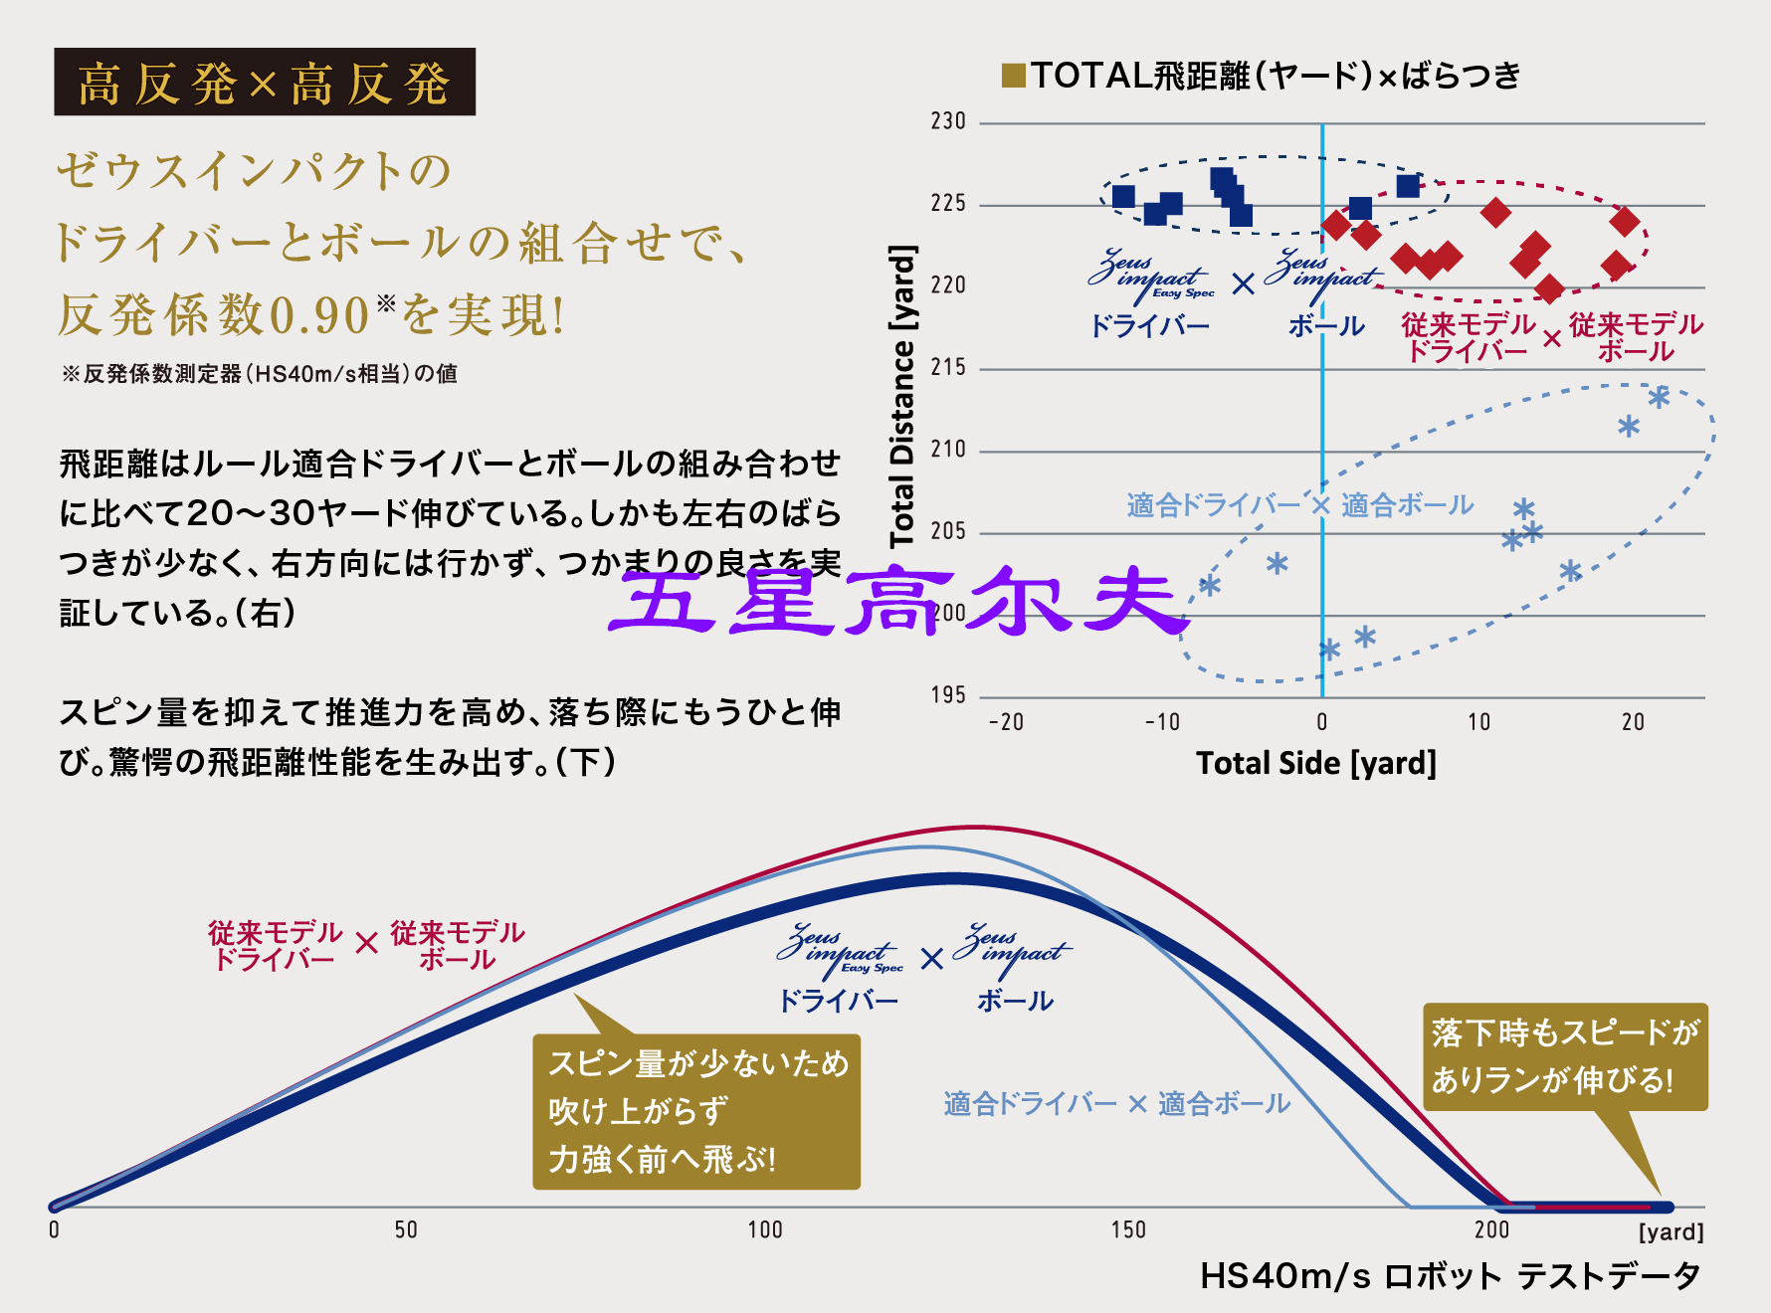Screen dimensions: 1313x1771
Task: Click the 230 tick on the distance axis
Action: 948,121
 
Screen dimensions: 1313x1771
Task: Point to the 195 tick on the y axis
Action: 948,695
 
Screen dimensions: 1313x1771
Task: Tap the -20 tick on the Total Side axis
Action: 1006,722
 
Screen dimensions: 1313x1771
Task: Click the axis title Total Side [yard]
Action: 1315,763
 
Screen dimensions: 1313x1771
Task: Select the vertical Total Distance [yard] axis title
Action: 901,396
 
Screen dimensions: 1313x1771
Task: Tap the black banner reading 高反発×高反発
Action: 265,83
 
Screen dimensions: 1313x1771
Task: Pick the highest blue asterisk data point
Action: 1659,398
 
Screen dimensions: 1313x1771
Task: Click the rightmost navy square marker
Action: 1408,186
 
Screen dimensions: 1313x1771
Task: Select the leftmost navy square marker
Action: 1123,197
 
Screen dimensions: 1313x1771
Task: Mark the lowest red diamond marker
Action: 1549,289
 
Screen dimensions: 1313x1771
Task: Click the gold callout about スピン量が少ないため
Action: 696,1111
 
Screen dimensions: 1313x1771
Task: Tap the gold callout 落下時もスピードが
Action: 1565,1056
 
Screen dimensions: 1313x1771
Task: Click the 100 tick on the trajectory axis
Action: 765,1230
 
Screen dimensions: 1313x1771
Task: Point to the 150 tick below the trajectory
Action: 1128,1230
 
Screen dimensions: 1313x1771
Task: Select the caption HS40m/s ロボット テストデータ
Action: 1450,1276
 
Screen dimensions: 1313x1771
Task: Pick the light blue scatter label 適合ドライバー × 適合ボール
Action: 1299,505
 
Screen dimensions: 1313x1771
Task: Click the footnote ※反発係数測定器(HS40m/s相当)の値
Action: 260,374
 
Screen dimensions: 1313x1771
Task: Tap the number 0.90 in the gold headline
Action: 319,316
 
